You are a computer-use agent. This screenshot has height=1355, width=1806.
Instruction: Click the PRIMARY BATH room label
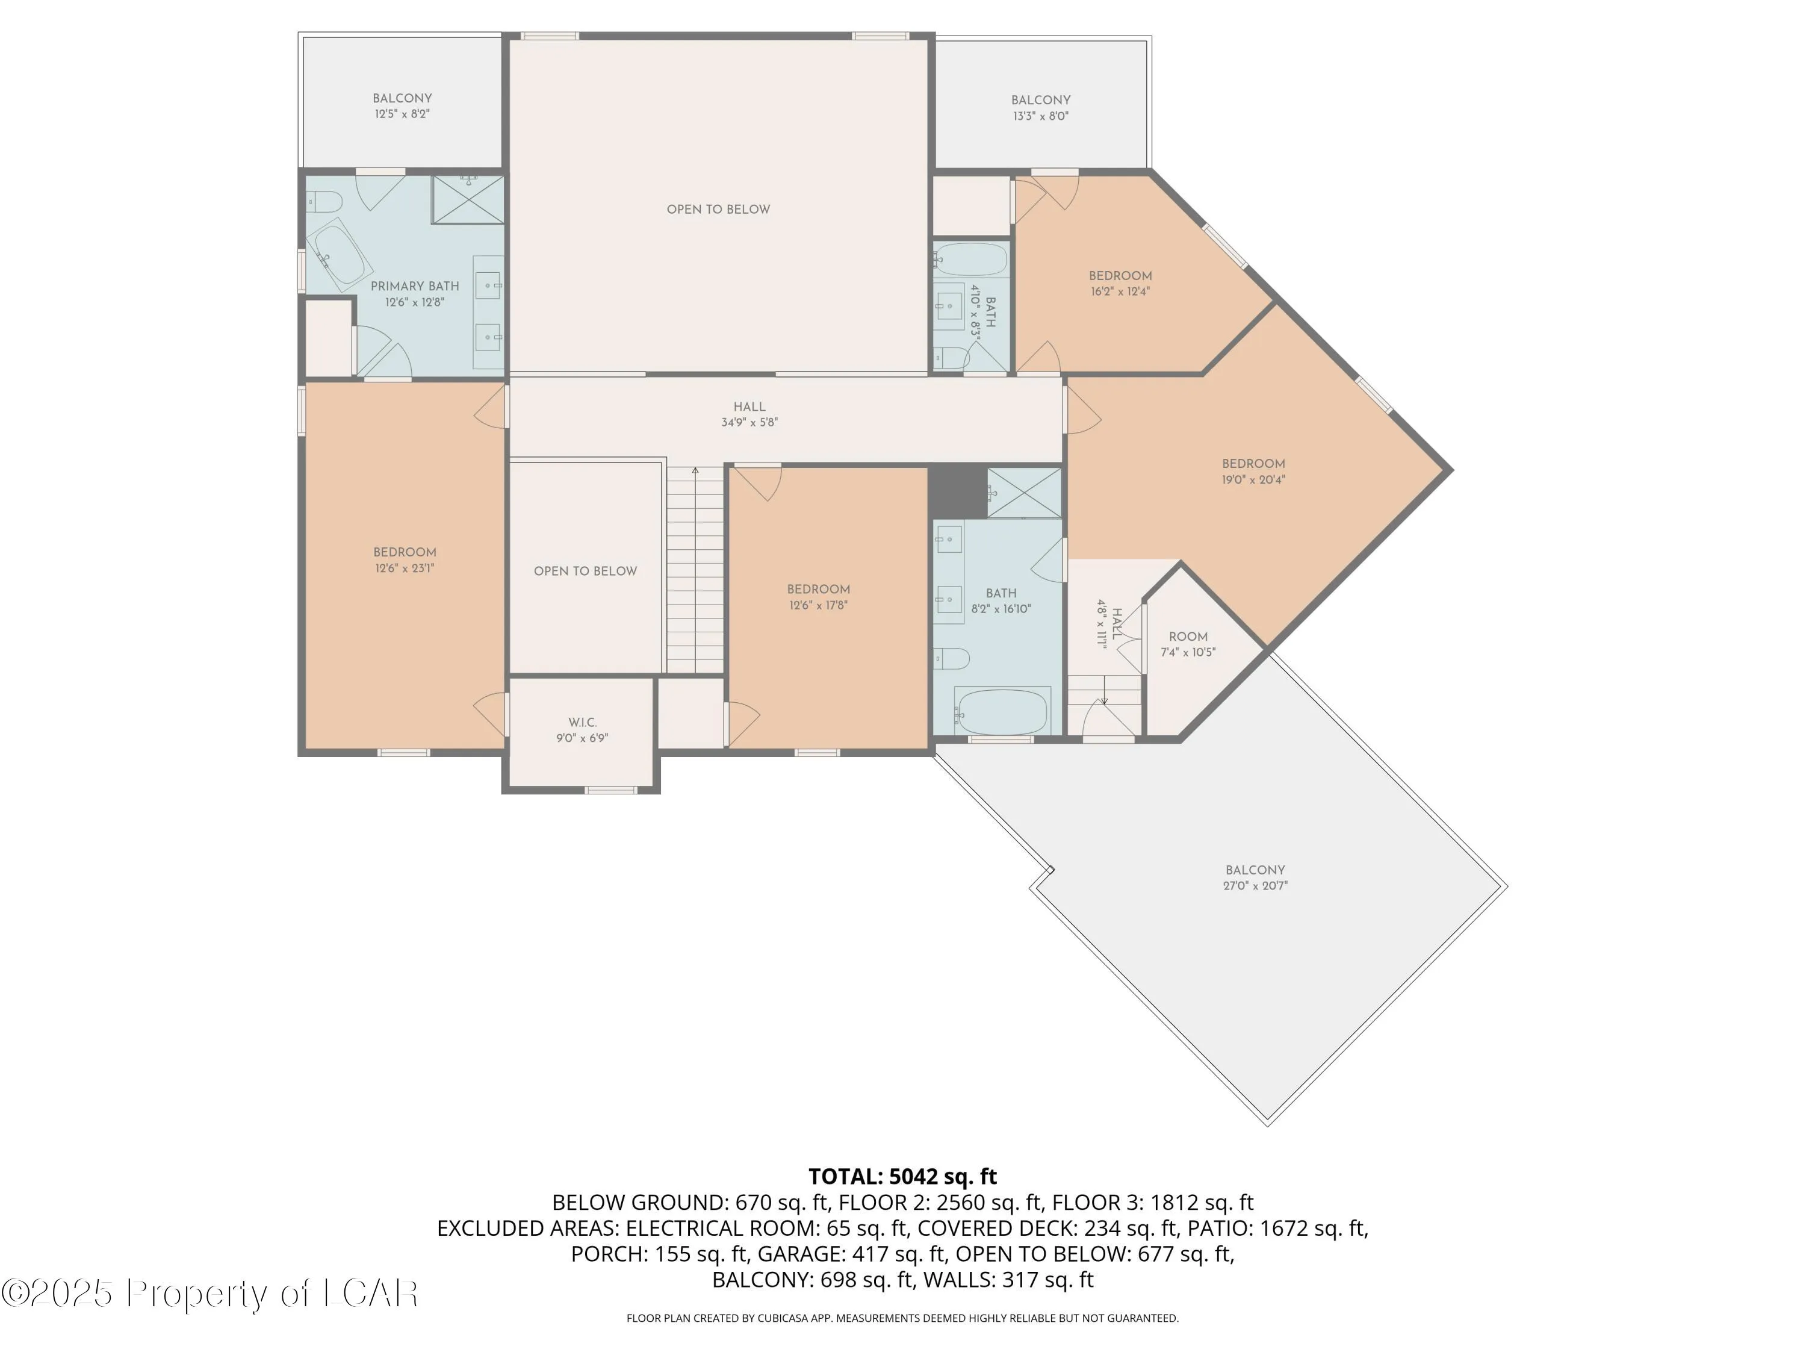tap(415, 286)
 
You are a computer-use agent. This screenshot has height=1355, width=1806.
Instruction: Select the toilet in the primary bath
tap(323, 201)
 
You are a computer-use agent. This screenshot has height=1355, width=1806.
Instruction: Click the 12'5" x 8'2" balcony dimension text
tap(403, 114)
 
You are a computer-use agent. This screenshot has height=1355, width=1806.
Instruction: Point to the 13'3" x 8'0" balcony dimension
tap(1041, 116)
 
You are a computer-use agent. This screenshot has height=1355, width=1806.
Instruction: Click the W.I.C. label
tap(582, 722)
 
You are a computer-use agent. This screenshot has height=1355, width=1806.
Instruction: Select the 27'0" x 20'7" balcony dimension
tap(1255, 885)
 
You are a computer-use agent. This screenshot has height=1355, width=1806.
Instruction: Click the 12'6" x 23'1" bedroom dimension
tap(405, 568)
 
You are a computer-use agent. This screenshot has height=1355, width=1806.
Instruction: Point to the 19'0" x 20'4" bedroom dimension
tap(1253, 479)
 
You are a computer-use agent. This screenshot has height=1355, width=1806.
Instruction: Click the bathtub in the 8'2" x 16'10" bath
tap(1002, 711)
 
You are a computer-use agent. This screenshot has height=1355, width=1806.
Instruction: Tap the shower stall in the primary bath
tap(468, 199)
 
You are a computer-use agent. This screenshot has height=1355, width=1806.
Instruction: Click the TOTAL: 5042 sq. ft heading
tap(902, 1176)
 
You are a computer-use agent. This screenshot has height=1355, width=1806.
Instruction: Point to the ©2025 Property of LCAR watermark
tap(210, 1293)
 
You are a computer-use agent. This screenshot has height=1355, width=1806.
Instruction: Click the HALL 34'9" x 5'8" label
tap(749, 414)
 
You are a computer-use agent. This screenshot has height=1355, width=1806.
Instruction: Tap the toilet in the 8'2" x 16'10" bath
tap(951, 658)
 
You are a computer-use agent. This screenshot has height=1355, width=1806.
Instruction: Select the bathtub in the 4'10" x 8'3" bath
tap(971, 259)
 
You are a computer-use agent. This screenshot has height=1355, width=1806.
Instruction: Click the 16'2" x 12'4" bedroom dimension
tap(1120, 291)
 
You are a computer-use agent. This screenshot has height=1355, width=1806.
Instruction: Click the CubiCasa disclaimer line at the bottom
tap(902, 1318)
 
